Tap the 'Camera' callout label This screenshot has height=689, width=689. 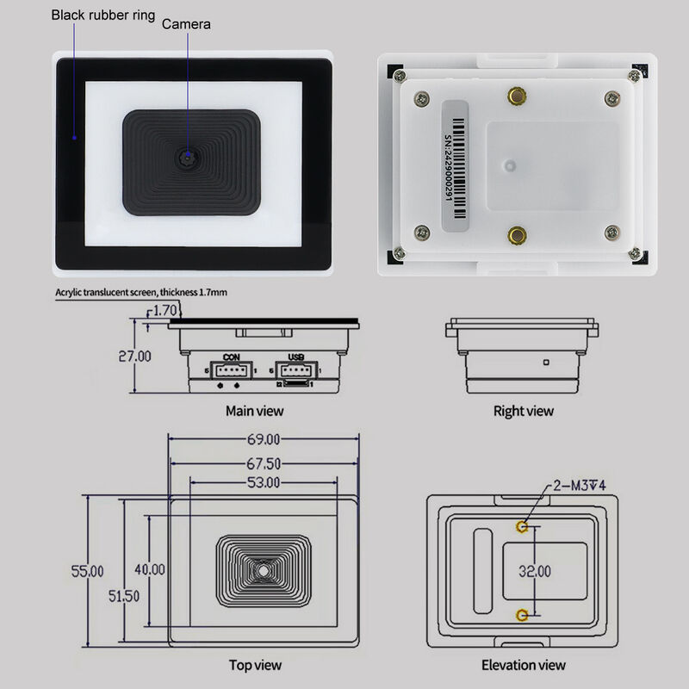[x=187, y=25]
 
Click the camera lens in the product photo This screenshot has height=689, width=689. [x=186, y=158]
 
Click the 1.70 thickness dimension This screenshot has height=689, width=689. [x=164, y=309]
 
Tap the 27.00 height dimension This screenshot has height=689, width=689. [x=134, y=355]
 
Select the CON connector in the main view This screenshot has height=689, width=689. [x=232, y=370]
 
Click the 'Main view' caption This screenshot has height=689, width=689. [x=254, y=411]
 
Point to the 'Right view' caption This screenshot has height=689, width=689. [x=523, y=411]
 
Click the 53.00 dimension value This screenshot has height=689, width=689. [x=263, y=482]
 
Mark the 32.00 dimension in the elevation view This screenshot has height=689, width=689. [x=535, y=570]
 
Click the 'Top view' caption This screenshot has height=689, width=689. [x=255, y=665]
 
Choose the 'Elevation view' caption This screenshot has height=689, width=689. [x=524, y=665]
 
